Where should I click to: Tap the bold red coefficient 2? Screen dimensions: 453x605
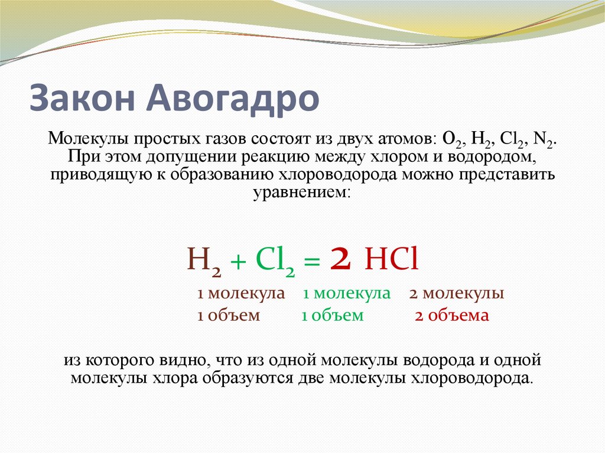pyautogui.click(x=341, y=259)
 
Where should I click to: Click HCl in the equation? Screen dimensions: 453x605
pyautogui.click(x=392, y=259)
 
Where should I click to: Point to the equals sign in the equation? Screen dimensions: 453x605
pyautogui.click(x=312, y=261)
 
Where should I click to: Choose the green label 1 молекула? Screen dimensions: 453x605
pyautogui.click(x=347, y=294)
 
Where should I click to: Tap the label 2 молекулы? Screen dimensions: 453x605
pyautogui.click(x=456, y=294)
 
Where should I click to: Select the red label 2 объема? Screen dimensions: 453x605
pyautogui.click(x=452, y=315)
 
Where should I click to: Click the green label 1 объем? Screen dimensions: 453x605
pyautogui.click(x=333, y=315)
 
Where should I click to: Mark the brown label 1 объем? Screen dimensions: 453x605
pyautogui.click(x=229, y=315)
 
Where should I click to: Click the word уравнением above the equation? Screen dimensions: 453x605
pyautogui.click(x=302, y=193)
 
